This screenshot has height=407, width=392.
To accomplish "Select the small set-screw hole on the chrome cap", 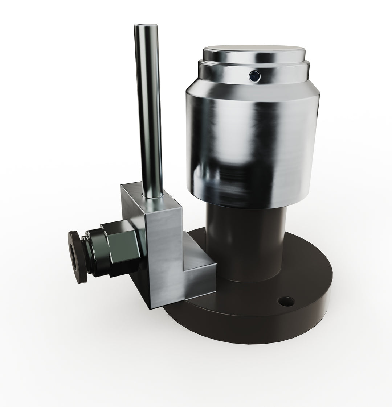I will (255, 75).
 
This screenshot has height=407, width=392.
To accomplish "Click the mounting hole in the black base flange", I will (286, 300).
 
